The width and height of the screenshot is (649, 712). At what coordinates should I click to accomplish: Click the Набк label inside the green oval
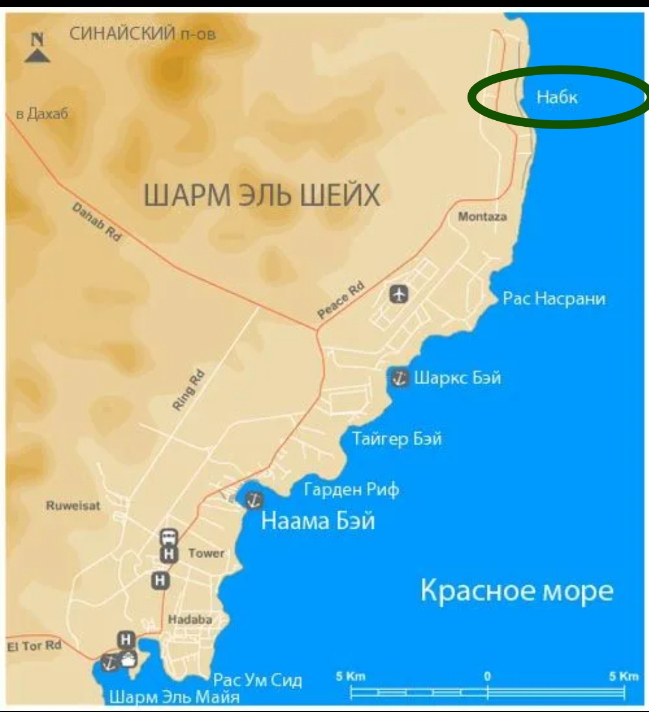[x=556, y=97]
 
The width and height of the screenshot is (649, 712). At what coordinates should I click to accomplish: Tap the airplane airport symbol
[x=399, y=294]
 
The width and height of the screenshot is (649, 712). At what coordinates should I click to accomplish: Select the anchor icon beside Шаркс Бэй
[x=400, y=379]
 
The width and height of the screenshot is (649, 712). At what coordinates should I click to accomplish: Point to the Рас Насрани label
[x=553, y=299]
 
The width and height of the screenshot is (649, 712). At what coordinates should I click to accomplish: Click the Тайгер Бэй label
[x=397, y=439]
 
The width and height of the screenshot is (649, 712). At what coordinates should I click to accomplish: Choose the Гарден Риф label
[x=352, y=490]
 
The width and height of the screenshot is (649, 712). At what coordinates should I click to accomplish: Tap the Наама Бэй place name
[x=318, y=520]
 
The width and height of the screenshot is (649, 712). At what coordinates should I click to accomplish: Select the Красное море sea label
[x=516, y=591]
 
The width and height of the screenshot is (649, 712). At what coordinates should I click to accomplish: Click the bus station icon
[x=169, y=537]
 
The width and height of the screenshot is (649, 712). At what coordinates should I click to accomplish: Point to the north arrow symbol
[x=37, y=48]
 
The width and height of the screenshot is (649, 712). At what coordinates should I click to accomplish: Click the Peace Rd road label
[x=341, y=300]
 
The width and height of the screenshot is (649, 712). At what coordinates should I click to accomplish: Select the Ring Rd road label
[x=189, y=391]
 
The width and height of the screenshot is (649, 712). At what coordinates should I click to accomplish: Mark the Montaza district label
[x=482, y=216]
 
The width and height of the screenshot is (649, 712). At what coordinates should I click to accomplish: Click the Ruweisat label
[x=73, y=505]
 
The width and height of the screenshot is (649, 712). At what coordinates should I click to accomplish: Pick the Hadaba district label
[x=190, y=619]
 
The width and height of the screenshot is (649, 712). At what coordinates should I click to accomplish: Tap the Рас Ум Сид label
[x=258, y=680]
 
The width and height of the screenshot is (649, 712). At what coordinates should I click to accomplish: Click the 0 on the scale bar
[x=487, y=676]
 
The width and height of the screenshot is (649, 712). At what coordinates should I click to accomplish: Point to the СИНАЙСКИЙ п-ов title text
[x=142, y=34]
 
